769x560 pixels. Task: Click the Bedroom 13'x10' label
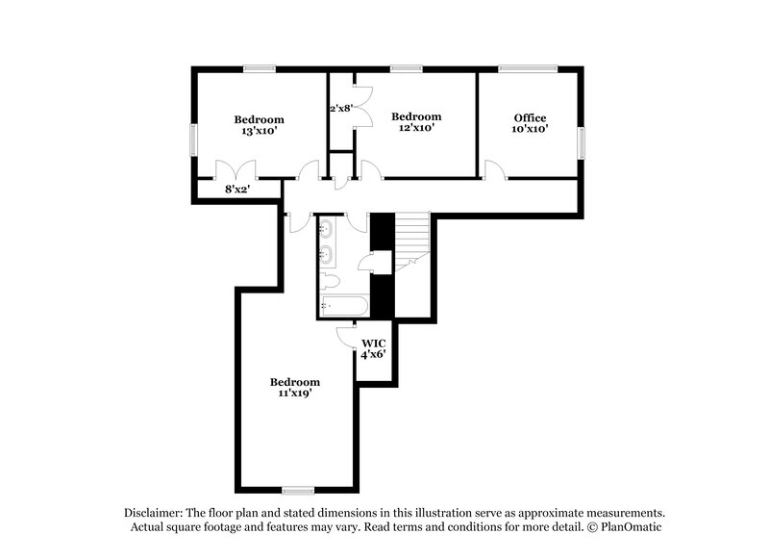pyautogui.click(x=259, y=125)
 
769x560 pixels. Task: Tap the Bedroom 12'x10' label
pyautogui.click(x=416, y=121)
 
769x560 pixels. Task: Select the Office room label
pyautogui.click(x=530, y=123)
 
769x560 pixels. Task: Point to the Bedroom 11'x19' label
pyautogui.click(x=294, y=387)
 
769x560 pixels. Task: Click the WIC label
pyautogui.click(x=373, y=347)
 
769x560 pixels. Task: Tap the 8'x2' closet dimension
pyautogui.click(x=236, y=190)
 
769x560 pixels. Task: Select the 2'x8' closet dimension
pyautogui.click(x=342, y=109)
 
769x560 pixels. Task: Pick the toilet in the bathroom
pyautogui.click(x=330, y=282)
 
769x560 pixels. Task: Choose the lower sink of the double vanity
pyautogui.click(x=327, y=254)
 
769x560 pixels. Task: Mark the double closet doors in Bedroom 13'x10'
pyautogui.click(x=236, y=168)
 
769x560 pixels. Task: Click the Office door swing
pyautogui.click(x=496, y=170)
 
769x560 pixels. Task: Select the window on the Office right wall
pyautogui.click(x=580, y=140)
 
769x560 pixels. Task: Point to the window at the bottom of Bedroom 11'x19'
pyautogui.click(x=298, y=490)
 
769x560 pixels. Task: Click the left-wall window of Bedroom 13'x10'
pyautogui.click(x=195, y=139)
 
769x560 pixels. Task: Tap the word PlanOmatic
pyautogui.click(x=630, y=527)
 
